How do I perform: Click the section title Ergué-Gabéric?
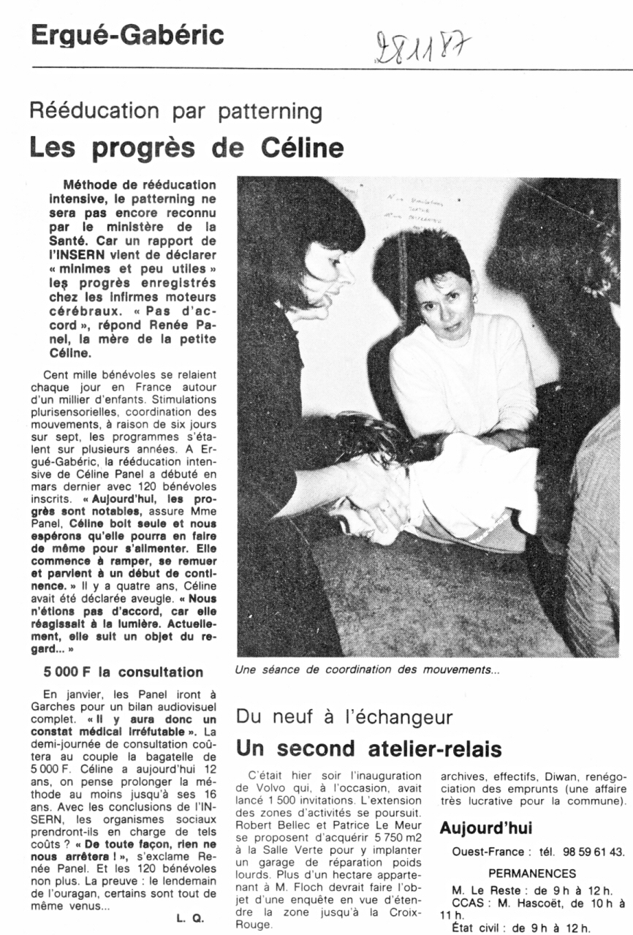127,34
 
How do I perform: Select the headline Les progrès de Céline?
186,148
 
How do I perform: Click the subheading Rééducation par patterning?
175,111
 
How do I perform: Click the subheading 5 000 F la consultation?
123,672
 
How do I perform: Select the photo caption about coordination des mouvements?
367,669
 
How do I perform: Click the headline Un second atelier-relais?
368,749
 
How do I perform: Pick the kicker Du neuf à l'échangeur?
344,716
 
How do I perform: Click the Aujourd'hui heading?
485,828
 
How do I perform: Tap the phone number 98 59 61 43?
594,852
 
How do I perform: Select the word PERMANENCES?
532,873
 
